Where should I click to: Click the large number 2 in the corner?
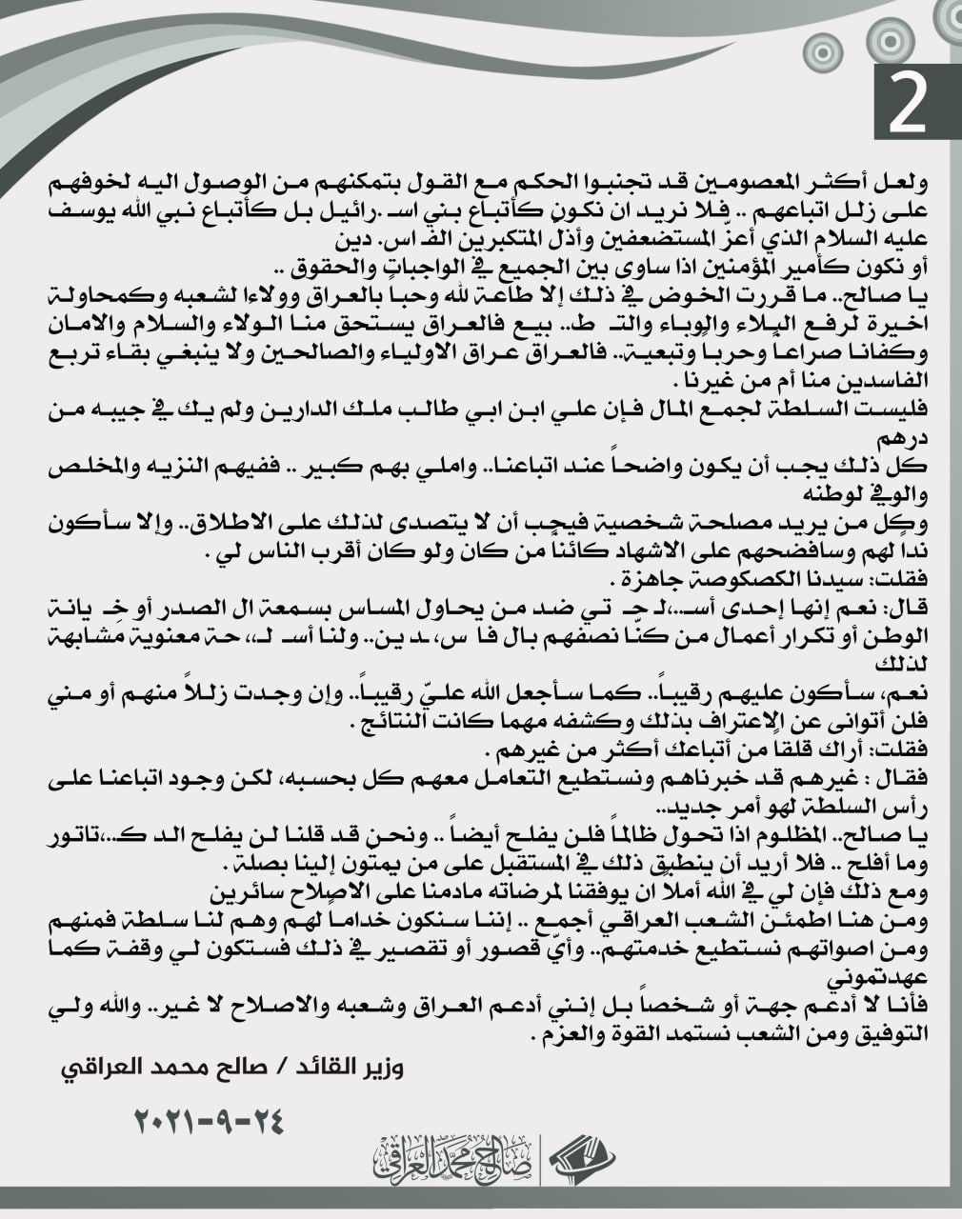point(908,103)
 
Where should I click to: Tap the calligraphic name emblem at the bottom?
point(454,1158)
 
